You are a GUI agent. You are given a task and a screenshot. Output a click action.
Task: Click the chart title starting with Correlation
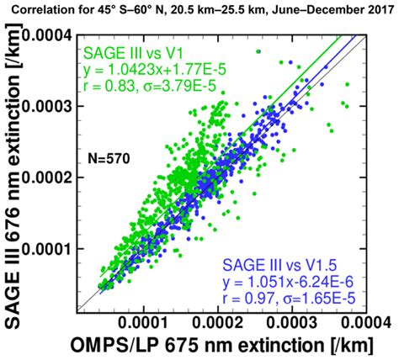(199, 11)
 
